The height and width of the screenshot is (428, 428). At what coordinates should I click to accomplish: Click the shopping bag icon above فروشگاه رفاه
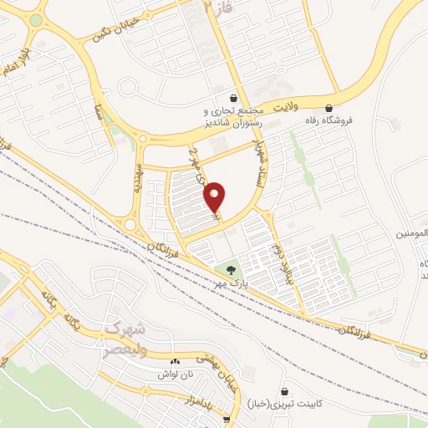pos(329,108)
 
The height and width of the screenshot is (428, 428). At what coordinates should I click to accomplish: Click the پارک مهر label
pos(232,284)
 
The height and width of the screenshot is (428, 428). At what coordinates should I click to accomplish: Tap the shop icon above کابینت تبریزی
pos(286,390)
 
